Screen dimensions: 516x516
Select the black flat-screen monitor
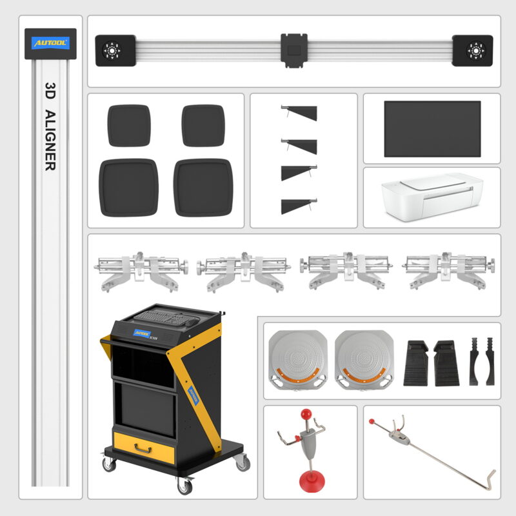[x=432, y=128]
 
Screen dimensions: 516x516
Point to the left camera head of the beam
[x=115, y=50]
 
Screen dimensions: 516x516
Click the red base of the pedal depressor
[x=311, y=481]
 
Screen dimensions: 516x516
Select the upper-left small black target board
[x=129, y=125]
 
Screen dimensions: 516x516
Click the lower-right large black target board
[x=203, y=188]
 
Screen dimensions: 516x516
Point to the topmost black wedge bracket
[x=301, y=114]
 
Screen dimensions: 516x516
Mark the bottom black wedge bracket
[x=300, y=206]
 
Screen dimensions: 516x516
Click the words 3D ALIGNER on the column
[x=50, y=125]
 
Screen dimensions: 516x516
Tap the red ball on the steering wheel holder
[x=372, y=422]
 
